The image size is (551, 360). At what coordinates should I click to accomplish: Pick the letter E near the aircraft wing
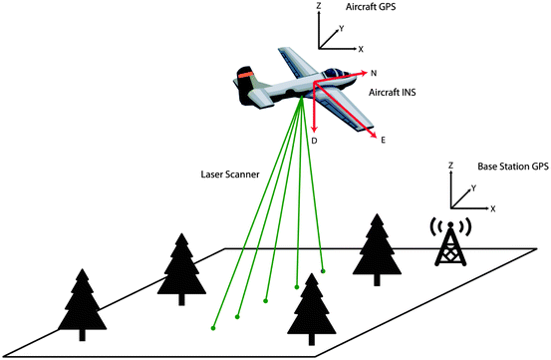(x=384, y=142)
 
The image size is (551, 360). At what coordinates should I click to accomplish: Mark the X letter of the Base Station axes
(x=494, y=209)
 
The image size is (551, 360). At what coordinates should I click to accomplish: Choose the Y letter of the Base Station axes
(x=472, y=186)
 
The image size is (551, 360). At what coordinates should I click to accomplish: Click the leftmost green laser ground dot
(x=212, y=327)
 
